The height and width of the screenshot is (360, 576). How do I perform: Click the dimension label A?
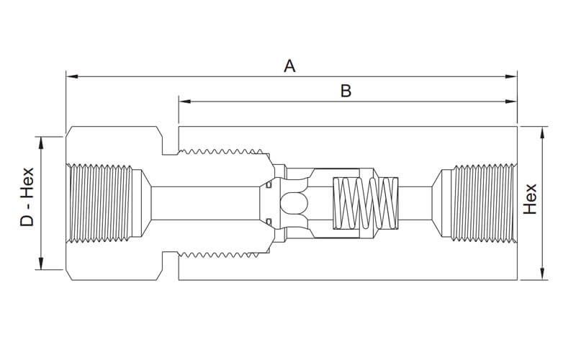tap(289, 66)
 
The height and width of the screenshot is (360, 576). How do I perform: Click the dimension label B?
tap(346, 91)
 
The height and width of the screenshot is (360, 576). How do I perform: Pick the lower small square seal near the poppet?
tap(268, 222)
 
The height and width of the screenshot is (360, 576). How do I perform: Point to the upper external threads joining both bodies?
tap(223, 152)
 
